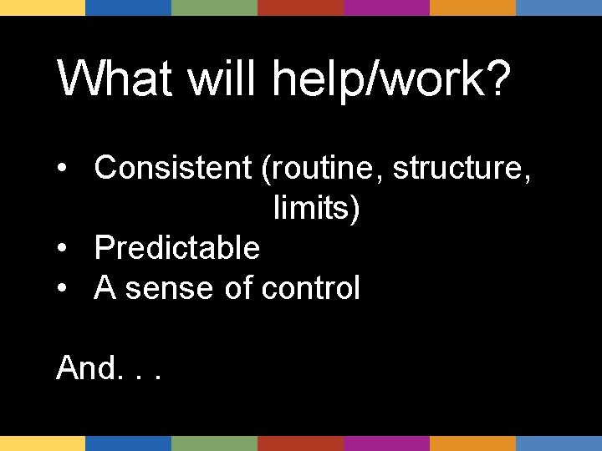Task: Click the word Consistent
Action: tap(173, 168)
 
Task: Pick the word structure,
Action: tap(461, 168)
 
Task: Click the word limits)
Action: tap(316, 208)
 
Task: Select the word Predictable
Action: tap(177, 248)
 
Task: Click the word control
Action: tap(310, 288)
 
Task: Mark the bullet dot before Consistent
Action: tap(63, 170)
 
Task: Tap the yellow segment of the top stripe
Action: tap(43, 8)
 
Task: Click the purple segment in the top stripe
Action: tap(386, 8)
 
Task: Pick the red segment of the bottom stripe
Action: tap(300, 443)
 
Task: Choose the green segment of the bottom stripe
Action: tap(214, 443)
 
